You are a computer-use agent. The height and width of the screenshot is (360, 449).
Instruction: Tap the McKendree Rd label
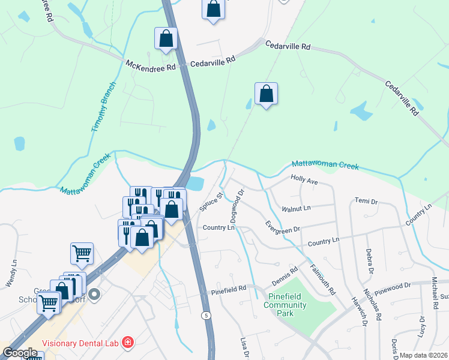151,64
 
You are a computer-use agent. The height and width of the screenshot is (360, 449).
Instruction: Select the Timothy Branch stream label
103,107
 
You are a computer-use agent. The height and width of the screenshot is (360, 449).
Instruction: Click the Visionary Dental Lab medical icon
127,343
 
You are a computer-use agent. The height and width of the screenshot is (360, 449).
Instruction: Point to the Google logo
20,353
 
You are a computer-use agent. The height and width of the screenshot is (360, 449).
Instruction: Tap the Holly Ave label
304,179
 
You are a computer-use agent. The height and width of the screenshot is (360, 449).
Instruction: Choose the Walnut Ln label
296,209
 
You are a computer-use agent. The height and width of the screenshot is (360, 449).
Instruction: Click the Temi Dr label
366,200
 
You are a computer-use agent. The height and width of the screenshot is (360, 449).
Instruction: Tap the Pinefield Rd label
229,290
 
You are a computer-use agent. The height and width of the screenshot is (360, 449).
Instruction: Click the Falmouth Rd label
323,278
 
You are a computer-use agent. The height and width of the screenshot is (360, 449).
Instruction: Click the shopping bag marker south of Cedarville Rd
266,94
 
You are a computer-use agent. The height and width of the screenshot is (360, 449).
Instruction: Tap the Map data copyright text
423,355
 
